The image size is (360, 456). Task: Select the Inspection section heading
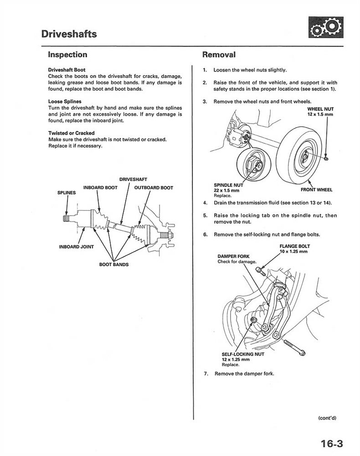pos(67,55)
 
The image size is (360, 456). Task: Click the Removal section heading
pos(219,55)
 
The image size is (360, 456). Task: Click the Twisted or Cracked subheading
pos(71,133)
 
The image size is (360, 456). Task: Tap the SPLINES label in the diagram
pos(67,193)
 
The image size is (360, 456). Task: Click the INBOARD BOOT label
pos(101,187)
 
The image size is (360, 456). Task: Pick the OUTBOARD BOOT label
pos(154,187)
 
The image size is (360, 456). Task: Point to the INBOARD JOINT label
pos(77,247)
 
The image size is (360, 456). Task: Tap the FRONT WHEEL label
pos(317,189)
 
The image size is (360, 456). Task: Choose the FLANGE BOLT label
pos(294,246)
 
